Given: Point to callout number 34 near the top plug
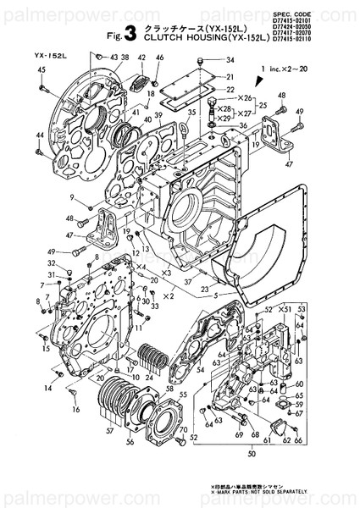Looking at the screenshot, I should pos(230,60).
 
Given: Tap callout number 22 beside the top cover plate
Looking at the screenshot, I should pos(230,89).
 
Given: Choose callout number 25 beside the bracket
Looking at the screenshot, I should pos(263,106).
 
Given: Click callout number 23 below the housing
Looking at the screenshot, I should pos(204,290).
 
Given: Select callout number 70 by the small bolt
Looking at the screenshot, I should pos(183,430).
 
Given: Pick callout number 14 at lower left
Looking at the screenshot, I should pos(48,388).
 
